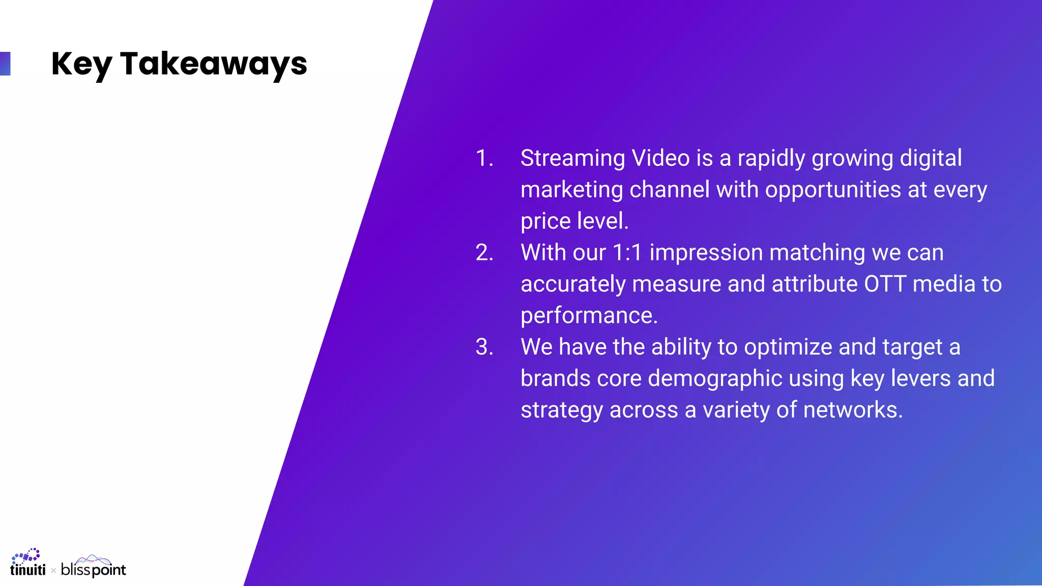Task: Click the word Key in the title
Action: tap(81, 64)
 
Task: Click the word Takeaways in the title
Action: tap(214, 64)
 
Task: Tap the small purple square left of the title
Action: tap(5, 64)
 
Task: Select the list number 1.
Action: tap(484, 158)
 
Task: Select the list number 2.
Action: tap(484, 253)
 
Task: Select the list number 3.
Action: tap(484, 347)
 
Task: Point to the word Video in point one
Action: tap(660, 158)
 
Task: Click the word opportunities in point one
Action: tap(833, 190)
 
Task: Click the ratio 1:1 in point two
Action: tap(627, 253)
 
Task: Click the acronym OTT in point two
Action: tap(885, 284)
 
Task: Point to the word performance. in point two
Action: tap(589, 316)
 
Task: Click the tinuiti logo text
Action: tap(27, 570)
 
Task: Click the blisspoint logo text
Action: tap(93, 570)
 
